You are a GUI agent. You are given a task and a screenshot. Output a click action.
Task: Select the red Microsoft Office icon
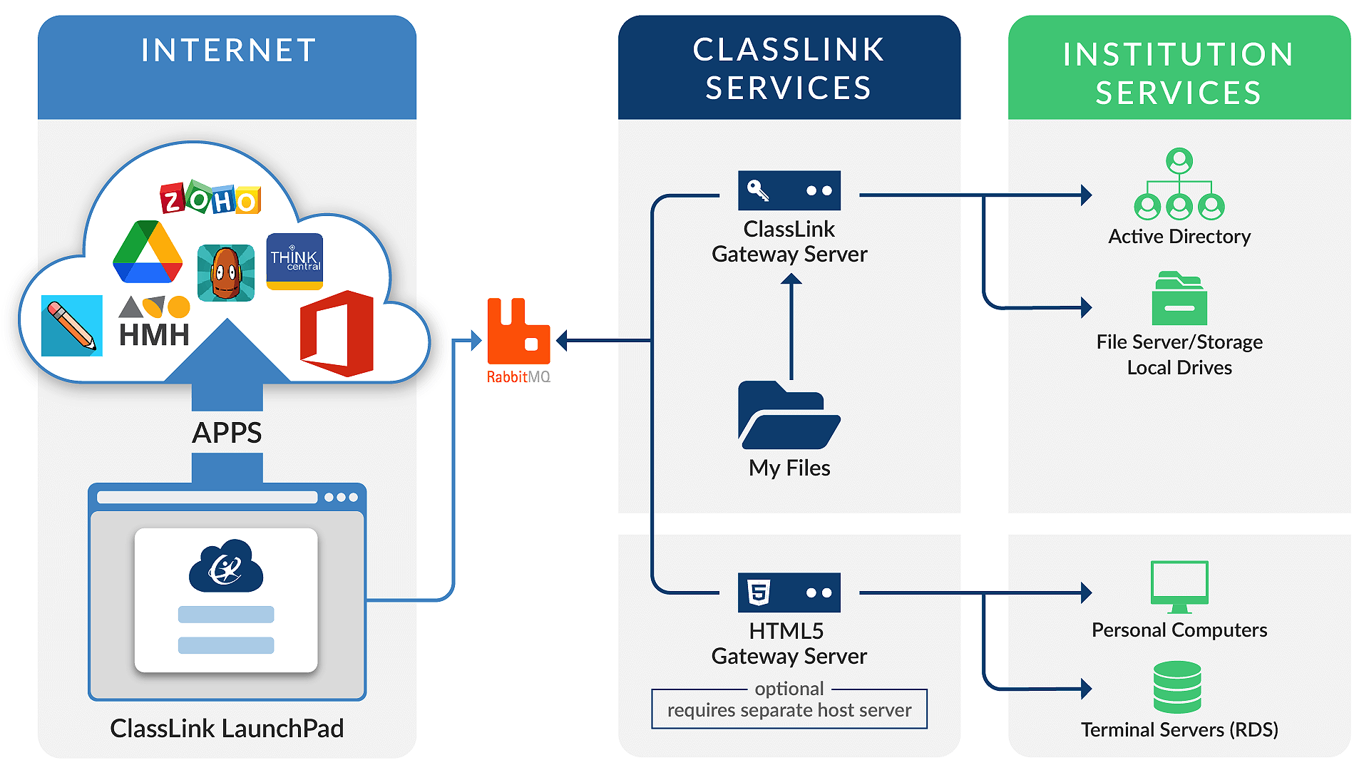(x=337, y=333)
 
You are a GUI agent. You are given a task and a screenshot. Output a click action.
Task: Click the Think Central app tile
(x=294, y=261)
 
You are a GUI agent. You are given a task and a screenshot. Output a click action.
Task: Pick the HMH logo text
(x=154, y=334)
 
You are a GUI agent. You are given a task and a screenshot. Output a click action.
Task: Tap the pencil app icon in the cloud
(x=71, y=326)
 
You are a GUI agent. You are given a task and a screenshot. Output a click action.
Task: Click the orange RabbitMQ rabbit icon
(x=518, y=332)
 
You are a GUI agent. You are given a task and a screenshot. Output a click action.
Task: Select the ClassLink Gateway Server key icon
(x=758, y=190)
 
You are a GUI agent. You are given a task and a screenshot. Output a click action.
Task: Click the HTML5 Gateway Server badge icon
(x=758, y=592)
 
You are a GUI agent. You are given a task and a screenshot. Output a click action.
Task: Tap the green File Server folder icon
(x=1179, y=299)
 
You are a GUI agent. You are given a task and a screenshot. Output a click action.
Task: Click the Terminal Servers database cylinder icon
(x=1177, y=687)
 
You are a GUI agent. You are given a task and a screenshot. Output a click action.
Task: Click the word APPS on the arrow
(x=227, y=433)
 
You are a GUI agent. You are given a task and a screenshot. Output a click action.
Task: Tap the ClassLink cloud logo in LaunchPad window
(x=226, y=567)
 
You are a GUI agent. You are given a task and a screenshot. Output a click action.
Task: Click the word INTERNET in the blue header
(x=228, y=51)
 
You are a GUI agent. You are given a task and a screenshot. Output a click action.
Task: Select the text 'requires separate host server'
(x=789, y=710)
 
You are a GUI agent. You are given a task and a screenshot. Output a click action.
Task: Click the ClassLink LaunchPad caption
(x=227, y=728)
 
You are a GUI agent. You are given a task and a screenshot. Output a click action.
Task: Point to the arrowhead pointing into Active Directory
(x=1086, y=195)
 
